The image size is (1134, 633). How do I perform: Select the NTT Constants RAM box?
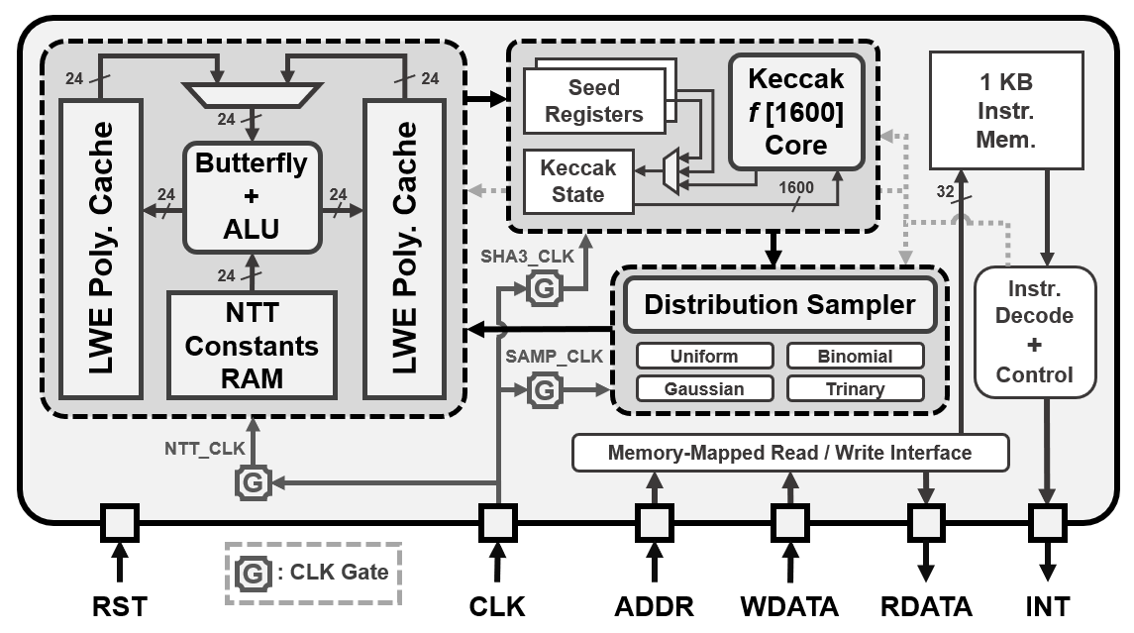252,345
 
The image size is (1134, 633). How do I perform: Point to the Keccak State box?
578,180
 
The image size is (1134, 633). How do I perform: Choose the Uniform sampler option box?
704,356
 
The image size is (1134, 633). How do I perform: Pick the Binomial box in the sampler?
855,356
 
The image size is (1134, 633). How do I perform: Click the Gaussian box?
704,388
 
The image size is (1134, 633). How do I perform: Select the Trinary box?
855,388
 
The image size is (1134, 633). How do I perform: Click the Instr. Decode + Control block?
1034,331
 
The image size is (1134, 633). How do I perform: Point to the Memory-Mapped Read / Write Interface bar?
789,453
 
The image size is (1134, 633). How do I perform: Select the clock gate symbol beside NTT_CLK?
253,483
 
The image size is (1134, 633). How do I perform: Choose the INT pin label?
1047,604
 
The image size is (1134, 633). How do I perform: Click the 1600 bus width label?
796,185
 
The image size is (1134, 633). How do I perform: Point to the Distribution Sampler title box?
779,304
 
